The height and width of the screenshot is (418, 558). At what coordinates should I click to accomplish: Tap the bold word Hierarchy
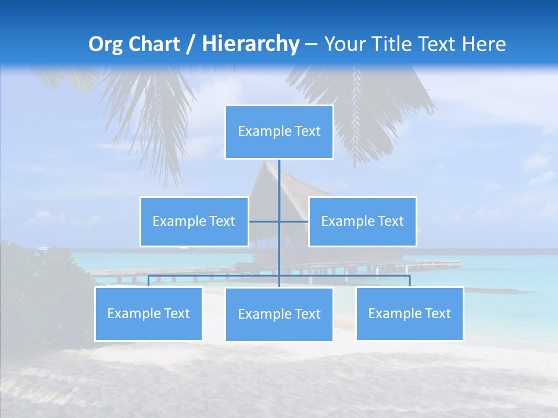click(x=251, y=44)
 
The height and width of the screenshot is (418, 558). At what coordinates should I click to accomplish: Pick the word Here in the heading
click(x=484, y=44)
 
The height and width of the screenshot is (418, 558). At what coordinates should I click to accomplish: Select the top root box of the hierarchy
click(x=279, y=132)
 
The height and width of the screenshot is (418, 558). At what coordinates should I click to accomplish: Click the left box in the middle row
click(x=194, y=222)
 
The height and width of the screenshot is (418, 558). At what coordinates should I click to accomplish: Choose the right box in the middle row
click(x=362, y=222)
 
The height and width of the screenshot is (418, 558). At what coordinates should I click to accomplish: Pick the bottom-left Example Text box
click(x=148, y=314)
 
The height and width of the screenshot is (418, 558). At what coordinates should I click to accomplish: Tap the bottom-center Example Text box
click(x=279, y=315)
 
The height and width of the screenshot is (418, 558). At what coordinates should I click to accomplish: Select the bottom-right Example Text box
click(x=409, y=314)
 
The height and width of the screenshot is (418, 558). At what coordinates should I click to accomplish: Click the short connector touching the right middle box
click(x=294, y=222)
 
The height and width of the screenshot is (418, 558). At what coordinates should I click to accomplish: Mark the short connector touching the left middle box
click(x=263, y=222)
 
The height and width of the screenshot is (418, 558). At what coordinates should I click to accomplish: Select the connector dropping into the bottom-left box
click(x=148, y=281)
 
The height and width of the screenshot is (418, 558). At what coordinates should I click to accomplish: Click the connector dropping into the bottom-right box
click(x=409, y=281)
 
